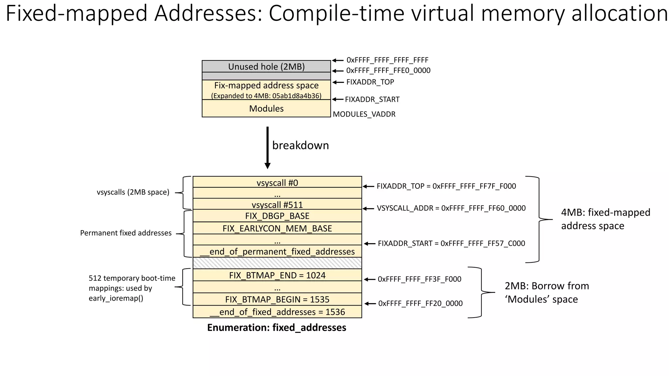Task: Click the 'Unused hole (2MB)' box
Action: point(266,67)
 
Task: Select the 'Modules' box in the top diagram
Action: point(266,109)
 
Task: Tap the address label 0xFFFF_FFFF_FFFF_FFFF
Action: point(387,60)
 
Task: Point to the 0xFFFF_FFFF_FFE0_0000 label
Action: point(388,70)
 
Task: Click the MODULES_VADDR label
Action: point(364,114)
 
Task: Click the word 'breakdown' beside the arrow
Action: point(301,145)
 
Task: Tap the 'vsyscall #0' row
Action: point(277,182)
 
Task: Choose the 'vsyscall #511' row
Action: point(277,205)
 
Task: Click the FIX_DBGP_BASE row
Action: point(277,216)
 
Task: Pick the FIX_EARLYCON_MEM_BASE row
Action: point(277,228)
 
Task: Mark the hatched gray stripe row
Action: point(277,263)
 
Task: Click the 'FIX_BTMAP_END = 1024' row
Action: point(277,275)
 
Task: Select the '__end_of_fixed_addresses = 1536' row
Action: point(277,312)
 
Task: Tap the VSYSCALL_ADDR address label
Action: point(451,208)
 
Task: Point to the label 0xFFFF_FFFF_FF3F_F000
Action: point(419,279)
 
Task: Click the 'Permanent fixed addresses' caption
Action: point(126,233)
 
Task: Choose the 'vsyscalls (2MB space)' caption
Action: point(133,192)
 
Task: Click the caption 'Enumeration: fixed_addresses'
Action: point(277,328)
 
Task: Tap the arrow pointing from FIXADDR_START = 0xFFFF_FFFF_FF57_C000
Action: point(369,243)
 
